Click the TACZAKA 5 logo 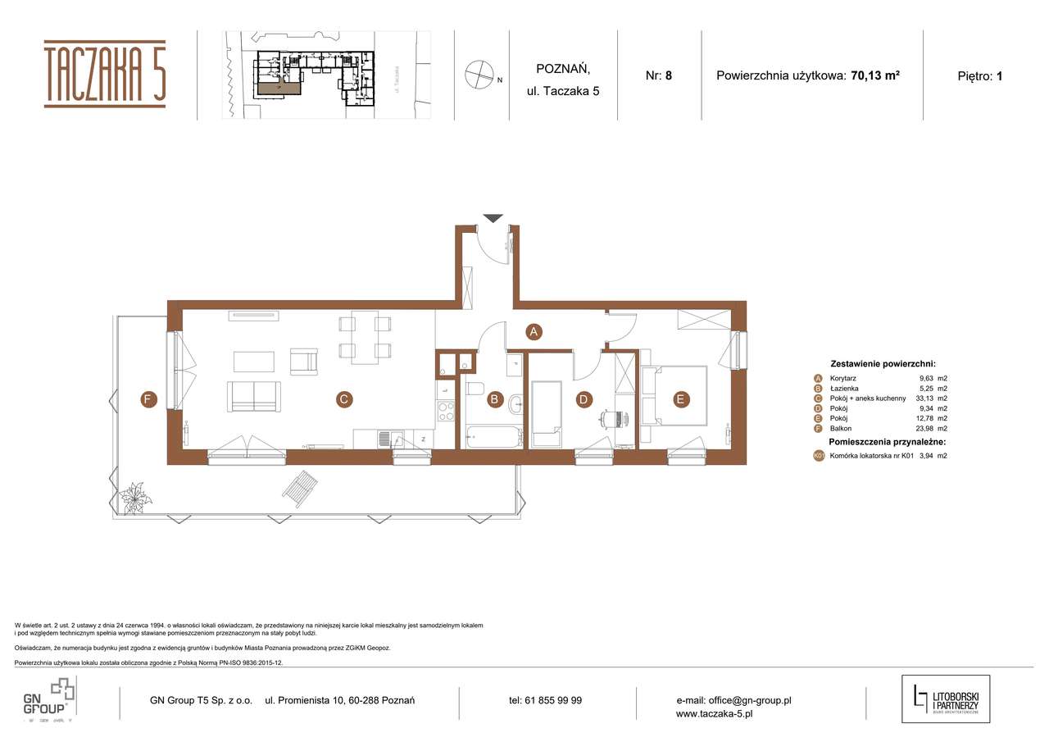tap(105, 74)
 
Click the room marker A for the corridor tap(534, 332)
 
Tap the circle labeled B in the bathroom tap(495, 400)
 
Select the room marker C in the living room tap(344, 400)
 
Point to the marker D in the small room tap(584, 400)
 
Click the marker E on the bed tap(679, 400)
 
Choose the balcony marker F tap(148, 400)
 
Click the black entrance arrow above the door tap(493, 218)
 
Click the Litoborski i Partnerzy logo tap(946, 699)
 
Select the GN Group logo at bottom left tap(49, 699)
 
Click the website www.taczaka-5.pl tap(714, 714)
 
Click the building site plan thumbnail tap(326, 75)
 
